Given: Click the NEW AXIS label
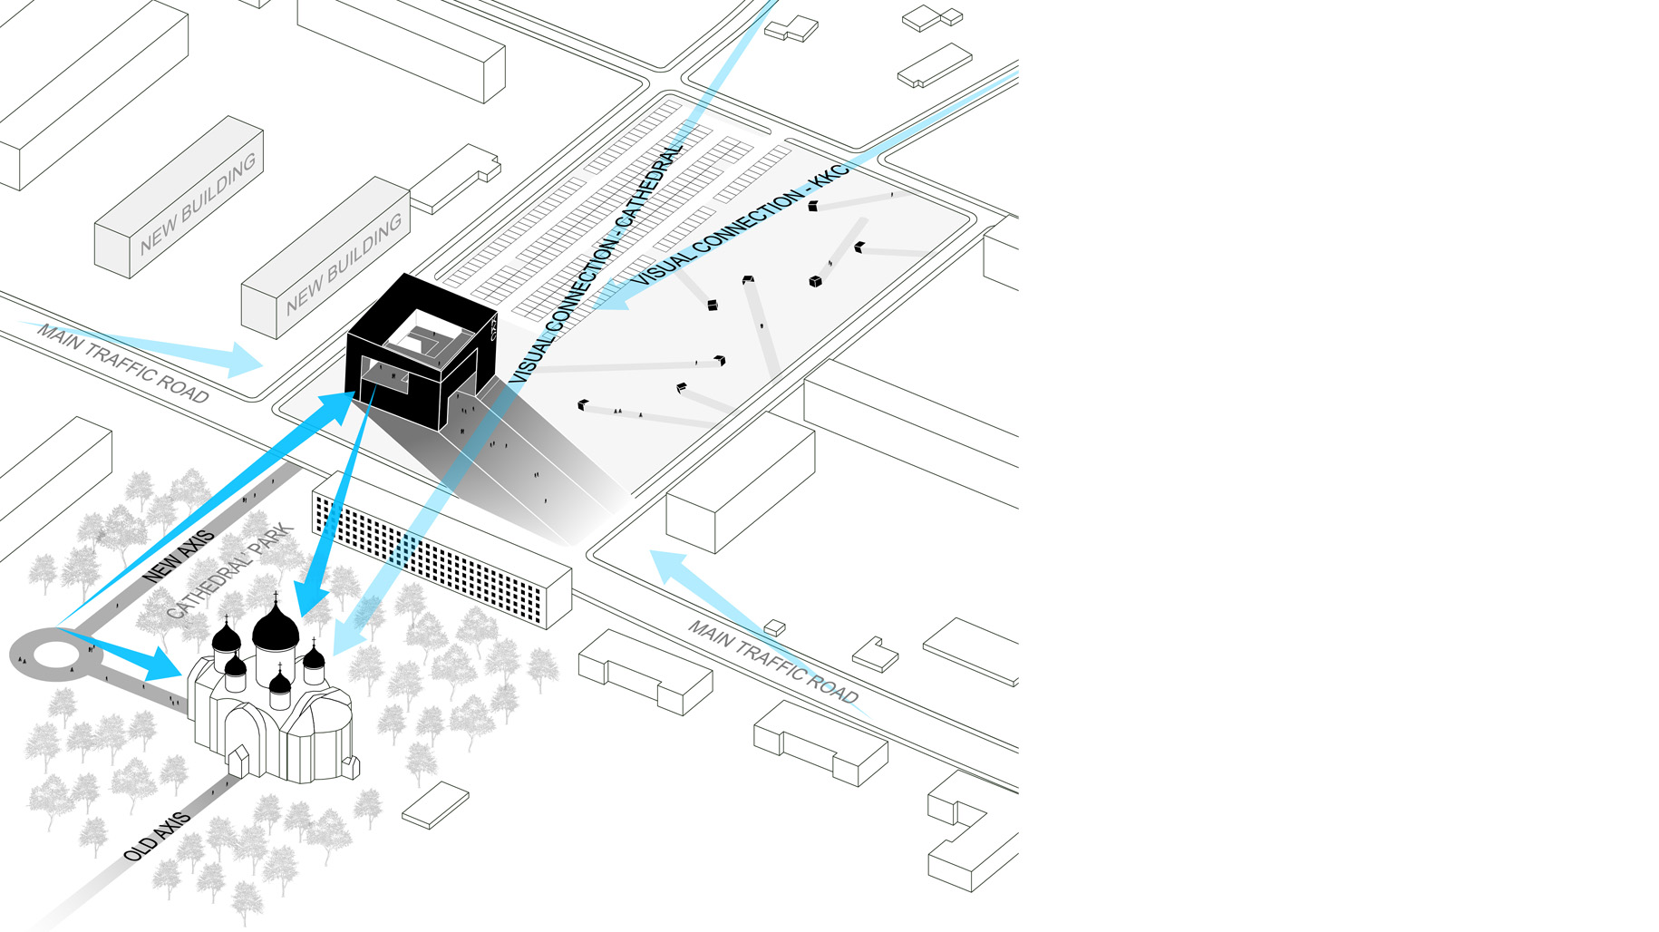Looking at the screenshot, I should click(179, 555).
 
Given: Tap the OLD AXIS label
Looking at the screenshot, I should click(157, 836).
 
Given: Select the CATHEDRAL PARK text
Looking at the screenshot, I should click(230, 571).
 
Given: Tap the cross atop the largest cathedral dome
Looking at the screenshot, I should click(276, 597).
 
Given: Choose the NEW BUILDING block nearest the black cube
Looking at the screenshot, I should click(326, 257).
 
